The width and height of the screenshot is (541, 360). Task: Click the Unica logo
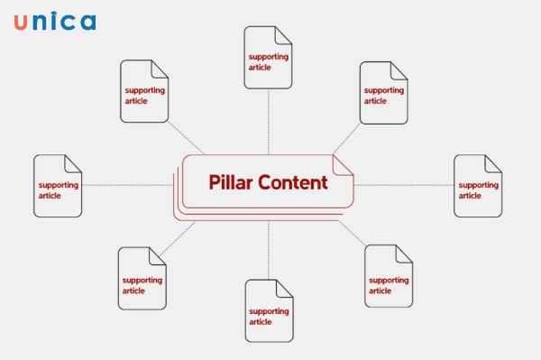tap(54, 23)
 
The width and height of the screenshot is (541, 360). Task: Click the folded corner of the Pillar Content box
tap(344, 163)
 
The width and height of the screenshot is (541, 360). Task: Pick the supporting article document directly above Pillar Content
tap(269, 58)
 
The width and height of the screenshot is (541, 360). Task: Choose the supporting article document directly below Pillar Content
tap(269, 310)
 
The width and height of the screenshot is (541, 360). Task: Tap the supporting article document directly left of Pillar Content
tap(58, 186)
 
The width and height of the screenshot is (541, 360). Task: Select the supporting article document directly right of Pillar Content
tap(478, 186)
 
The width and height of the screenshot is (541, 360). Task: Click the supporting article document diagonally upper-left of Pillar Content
tap(144, 91)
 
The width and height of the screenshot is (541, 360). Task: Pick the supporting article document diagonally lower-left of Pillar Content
tap(142, 279)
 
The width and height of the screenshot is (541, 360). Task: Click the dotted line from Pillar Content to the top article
tap(269, 122)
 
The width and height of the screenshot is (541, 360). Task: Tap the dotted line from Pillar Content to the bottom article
tap(269, 248)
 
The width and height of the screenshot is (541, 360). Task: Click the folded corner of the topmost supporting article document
tap(284, 34)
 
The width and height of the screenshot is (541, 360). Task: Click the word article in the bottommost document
tap(260, 322)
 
